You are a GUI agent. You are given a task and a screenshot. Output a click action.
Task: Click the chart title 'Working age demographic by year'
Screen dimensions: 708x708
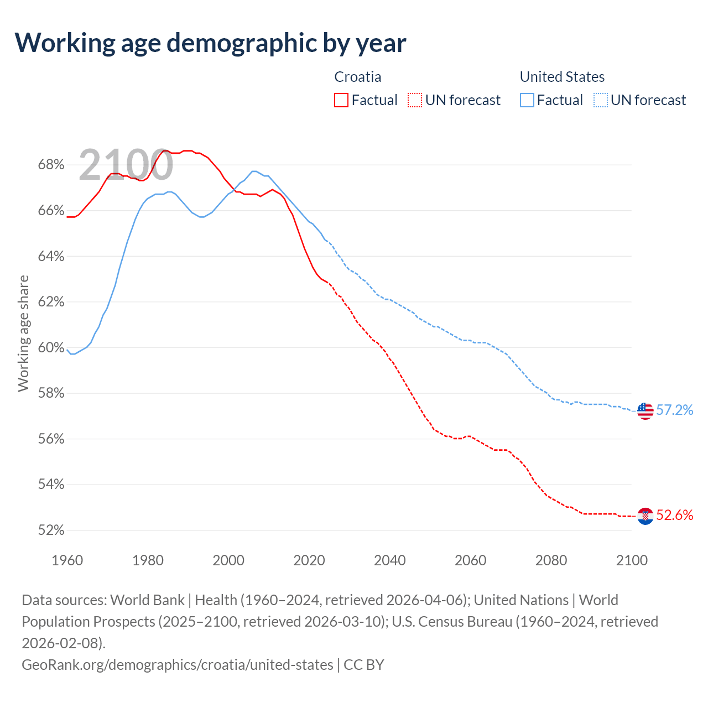tap(210, 43)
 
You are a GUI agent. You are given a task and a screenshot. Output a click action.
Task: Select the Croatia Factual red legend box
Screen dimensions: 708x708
tap(341, 100)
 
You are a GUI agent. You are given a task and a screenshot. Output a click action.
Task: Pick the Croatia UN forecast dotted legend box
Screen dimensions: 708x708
tap(415, 100)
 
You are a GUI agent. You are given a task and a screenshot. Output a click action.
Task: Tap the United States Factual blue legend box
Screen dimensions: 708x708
tap(527, 100)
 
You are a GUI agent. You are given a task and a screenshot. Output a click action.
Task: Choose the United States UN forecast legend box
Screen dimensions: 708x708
tap(600, 100)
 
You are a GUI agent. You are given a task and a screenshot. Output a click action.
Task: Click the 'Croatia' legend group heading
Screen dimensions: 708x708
tap(358, 77)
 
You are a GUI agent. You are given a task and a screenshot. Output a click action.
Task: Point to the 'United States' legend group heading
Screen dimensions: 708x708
tap(562, 77)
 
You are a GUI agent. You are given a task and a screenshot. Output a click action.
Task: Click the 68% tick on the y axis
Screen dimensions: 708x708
tap(51, 165)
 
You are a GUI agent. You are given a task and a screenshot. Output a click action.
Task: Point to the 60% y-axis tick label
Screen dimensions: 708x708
tap(51, 347)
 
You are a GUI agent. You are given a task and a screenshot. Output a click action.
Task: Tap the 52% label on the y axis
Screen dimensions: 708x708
tap(51, 530)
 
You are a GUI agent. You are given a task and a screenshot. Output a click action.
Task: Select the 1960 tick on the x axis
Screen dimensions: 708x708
tap(67, 560)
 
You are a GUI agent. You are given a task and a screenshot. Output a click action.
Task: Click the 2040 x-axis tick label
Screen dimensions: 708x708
tap(389, 560)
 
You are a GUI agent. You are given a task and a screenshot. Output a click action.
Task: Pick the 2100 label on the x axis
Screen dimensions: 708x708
tap(632, 560)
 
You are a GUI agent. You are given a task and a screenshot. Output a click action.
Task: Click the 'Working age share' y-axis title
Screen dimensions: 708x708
tap(24, 333)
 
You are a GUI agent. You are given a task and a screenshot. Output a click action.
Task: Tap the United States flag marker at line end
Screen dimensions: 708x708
tap(645, 410)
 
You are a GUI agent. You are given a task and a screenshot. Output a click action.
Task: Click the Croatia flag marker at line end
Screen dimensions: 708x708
tap(645, 516)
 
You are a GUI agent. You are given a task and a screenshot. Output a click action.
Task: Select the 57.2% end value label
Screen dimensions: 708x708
tap(674, 410)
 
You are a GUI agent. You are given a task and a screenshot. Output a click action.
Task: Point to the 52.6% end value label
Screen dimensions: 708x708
tap(674, 516)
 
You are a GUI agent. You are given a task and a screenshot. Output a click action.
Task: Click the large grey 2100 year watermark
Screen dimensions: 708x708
tap(126, 165)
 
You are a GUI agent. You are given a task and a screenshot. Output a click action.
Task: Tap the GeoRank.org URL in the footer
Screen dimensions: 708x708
tap(177, 664)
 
